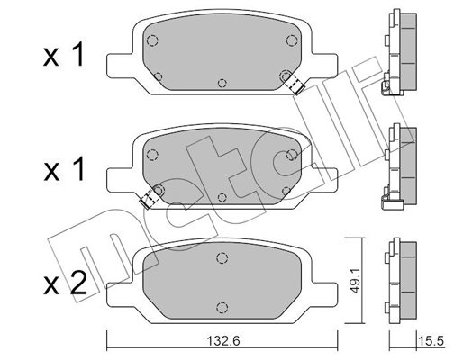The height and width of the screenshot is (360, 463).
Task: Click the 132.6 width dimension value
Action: click(x=223, y=341)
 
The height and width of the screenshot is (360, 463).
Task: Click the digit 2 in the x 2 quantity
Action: click(x=78, y=283)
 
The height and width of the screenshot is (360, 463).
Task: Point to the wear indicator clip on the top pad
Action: click(x=295, y=84)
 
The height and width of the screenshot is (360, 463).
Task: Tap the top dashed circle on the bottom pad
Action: click(x=222, y=257)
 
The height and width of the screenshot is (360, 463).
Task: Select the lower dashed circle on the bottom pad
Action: click(x=222, y=307)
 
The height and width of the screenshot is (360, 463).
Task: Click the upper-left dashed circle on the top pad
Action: click(x=152, y=40)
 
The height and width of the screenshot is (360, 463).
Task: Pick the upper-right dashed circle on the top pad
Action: click(x=291, y=40)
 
